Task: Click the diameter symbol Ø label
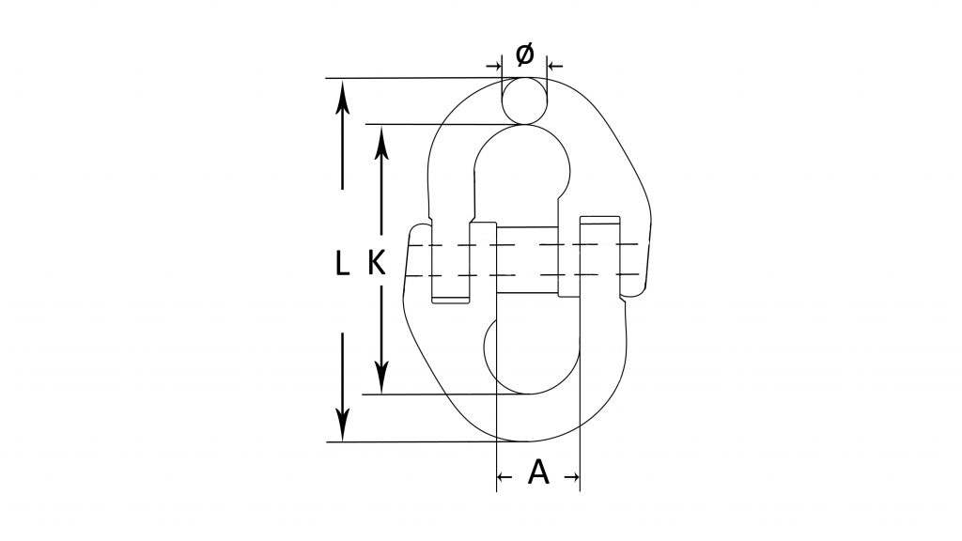point(524,54)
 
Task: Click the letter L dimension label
point(342,264)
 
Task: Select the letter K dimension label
point(377,264)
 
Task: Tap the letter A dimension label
point(538,472)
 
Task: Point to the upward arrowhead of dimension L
point(342,97)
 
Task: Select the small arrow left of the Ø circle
point(494,65)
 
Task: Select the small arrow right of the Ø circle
point(555,65)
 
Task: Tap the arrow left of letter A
point(504,476)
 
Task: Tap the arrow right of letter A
point(572,476)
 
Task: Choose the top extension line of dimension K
point(444,125)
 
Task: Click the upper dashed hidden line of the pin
point(528,245)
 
